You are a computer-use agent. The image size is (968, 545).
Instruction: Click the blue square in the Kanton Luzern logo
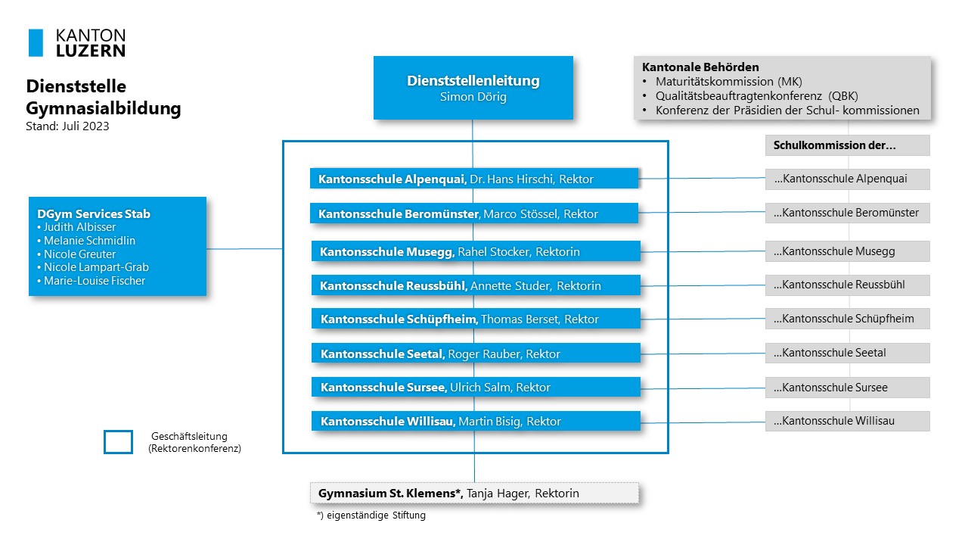(36, 43)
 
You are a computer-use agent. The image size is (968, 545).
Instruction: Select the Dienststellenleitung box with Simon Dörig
(473, 88)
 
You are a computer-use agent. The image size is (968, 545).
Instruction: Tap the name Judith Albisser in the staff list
(79, 227)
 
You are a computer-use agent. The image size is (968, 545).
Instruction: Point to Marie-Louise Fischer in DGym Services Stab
(95, 281)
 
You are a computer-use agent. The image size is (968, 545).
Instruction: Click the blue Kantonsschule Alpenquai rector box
(474, 179)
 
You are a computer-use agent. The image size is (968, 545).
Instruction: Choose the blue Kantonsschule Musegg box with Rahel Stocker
(476, 251)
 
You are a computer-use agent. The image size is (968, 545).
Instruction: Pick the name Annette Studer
(510, 286)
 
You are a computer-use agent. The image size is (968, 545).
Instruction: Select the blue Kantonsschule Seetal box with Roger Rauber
(476, 353)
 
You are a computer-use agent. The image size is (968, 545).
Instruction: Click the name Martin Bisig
(489, 422)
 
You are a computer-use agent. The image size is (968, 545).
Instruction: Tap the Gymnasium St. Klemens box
(474, 493)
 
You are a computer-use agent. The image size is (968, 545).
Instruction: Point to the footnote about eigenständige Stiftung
(371, 515)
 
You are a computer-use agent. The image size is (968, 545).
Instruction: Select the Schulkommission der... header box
(848, 145)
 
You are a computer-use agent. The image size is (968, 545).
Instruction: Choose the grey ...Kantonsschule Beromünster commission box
(848, 213)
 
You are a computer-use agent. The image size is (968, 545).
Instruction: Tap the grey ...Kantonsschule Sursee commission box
(848, 387)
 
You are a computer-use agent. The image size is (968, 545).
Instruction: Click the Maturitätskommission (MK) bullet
(728, 82)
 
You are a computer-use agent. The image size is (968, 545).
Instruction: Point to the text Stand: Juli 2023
(67, 126)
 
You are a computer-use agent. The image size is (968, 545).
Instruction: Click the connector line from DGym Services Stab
(244, 249)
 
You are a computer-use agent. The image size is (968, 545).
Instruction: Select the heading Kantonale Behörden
(700, 67)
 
